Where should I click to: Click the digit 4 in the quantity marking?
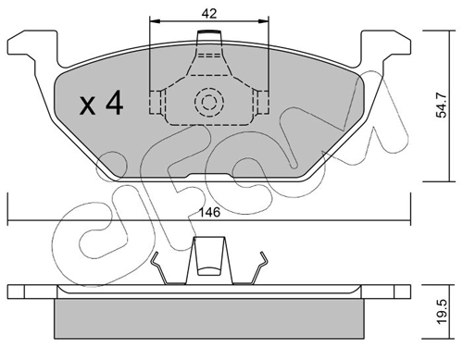114,103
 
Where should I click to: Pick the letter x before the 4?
89,105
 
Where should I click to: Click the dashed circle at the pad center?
209,102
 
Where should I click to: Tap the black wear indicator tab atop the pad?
210,35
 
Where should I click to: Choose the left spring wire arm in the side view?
165,269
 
